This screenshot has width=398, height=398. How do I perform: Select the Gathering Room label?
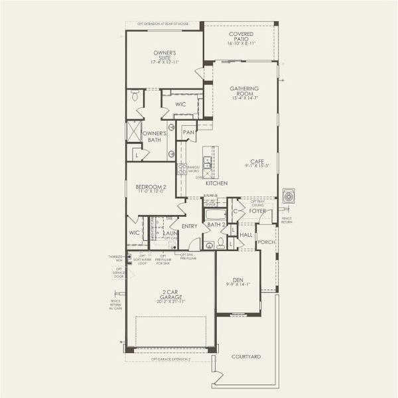(x=244, y=91)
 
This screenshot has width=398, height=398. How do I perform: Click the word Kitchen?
(x=216, y=183)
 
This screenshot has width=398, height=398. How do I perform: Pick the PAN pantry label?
(x=188, y=132)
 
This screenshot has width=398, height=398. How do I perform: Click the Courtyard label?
(x=246, y=357)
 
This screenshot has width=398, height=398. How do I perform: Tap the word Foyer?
(x=257, y=211)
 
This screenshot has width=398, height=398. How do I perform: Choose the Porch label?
(x=266, y=243)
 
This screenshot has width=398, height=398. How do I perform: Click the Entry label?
(x=189, y=226)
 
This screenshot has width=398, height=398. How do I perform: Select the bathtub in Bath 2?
(x=215, y=214)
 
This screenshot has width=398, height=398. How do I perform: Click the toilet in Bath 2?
(x=210, y=245)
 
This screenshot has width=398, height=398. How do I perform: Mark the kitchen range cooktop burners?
(x=181, y=169)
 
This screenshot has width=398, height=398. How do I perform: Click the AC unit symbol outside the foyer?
(x=289, y=196)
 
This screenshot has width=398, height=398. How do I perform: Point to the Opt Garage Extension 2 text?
(x=170, y=359)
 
